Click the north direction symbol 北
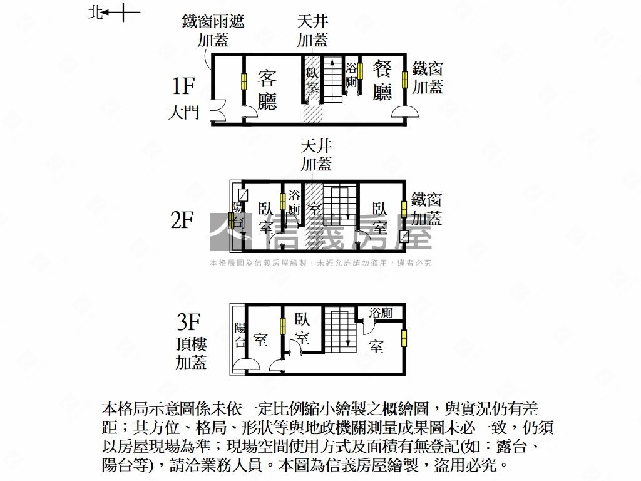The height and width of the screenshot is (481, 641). (95, 12)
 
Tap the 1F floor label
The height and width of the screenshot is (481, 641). (185, 85)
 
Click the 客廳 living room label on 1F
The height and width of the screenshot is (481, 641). (267, 90)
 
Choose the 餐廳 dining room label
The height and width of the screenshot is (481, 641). (382, 80)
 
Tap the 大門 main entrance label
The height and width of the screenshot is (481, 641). (183, 113)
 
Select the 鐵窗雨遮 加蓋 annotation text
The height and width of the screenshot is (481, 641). (213, 31)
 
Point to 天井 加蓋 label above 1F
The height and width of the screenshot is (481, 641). (312, 31)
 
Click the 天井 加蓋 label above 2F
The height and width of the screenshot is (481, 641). (316, 155)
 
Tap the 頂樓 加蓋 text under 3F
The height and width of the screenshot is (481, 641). (191, 353)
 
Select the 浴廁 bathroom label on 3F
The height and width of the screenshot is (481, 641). (381, 313)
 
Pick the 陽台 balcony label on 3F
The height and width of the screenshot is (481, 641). (239, 334)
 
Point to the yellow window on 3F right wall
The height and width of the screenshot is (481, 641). (404, 338)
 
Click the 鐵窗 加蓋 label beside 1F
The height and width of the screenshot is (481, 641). (428, 78)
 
